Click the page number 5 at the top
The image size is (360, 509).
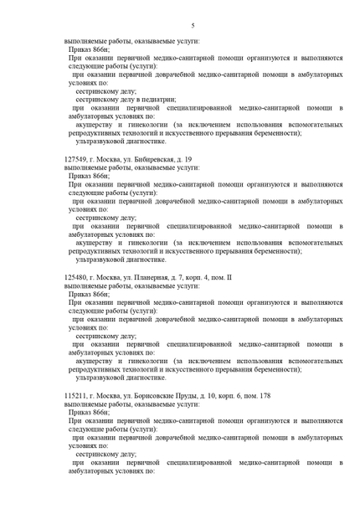(193, 27)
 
